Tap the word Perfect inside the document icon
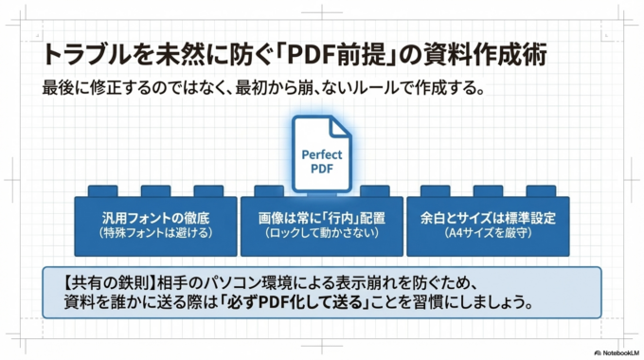(322, 154)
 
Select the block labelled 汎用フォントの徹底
(155, 224)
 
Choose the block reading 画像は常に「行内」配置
(321, 224)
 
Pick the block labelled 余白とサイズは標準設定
(487, 224)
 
